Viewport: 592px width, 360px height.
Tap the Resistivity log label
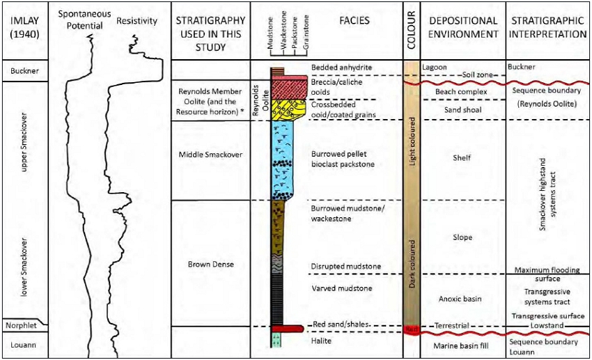click(x=137, y=22)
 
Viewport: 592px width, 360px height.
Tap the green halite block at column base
click(x=277, y=340)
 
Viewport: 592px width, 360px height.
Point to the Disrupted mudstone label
click(x=346, y=267)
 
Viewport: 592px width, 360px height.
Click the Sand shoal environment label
click(x=460, y=110)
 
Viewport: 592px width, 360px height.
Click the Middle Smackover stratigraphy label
click(x=210, y=154)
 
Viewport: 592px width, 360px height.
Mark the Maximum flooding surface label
click(x=547, y=274)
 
